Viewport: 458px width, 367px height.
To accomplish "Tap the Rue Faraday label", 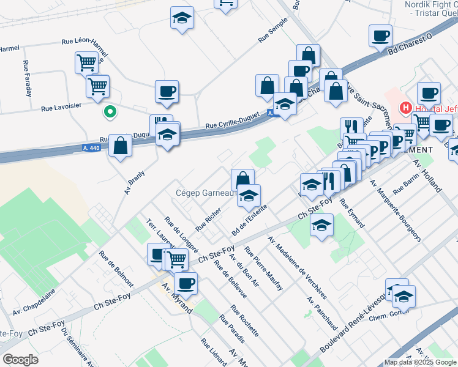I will click(x=27, y=79).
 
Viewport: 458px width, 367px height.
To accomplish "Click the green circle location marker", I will click(x=110, y=112).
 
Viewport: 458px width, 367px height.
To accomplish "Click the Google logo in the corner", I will click(x=20, y=360).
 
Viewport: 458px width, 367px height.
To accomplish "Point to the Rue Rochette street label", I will click(x=244, y=321).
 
